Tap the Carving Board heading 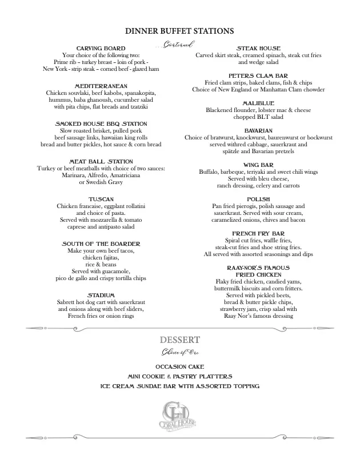101,48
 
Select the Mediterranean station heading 101,86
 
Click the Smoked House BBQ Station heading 101,123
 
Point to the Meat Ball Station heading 101,161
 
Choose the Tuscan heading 101,199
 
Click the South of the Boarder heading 101,244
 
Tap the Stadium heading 101,295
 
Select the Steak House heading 259,48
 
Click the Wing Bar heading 259,165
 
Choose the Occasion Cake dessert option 179,366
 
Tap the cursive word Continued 177,44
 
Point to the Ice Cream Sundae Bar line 179,386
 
